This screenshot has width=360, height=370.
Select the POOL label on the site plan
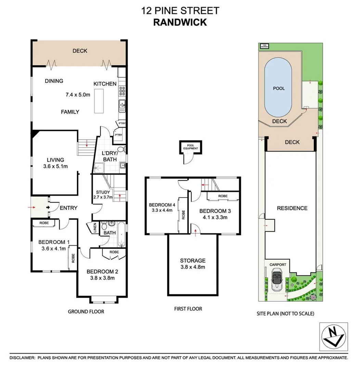click(279, 88)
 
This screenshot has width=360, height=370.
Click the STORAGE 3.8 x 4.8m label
click(193, 264)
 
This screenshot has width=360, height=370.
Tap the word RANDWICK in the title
click(180, 22)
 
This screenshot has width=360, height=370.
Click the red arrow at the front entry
click(35, 207)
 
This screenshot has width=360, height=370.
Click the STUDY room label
click(103, 192)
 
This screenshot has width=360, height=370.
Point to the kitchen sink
click(122, 106)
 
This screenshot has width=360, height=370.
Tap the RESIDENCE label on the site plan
click(292, 208)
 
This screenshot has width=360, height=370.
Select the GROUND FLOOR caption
click(86, 311)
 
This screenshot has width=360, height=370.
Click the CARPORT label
click(278, 264)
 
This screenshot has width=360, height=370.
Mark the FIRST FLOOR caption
click(188, 309)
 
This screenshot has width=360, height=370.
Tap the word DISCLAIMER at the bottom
click(22, 358)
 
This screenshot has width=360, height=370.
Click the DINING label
click(54, 81)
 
